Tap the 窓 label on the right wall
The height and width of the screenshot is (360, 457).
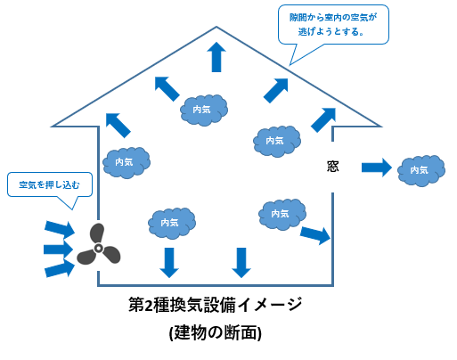click(x=331, y=166)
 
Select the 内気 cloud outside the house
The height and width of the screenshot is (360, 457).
click(x=419, y=168)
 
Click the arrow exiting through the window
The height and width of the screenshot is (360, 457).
click(x=376, y=166)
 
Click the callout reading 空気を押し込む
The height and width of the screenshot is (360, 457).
click(x=49, y=185)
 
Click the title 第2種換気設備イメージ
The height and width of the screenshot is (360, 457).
click(x=216, y=306)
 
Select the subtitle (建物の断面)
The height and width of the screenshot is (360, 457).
click(x=216, y=332)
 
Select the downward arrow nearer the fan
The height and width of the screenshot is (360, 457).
click(x=167, y=260)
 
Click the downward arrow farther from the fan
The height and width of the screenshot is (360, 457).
click(x=241, y=260)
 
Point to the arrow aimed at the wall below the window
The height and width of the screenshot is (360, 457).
click(x=315, y=235)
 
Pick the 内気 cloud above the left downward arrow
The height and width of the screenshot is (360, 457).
click(x=169, y=221)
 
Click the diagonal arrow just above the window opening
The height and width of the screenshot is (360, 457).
click(x=322, y=119)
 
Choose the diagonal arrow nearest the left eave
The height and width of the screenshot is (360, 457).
click(x=116, y=124)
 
